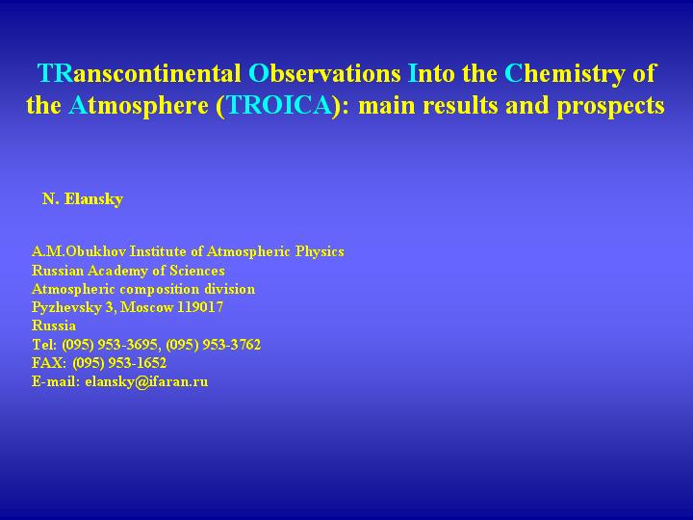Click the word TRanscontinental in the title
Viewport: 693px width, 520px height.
pyautogui.click(x=140, y=73)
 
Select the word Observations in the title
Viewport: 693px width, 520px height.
pyautogui.click(x=324, y=73)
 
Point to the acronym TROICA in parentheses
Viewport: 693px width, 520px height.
pyautogui.click(x=279, y=105)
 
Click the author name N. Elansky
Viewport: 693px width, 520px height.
pyautogui.click(x=83, y=199)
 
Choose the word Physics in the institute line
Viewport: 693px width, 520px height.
pyautogui.click(x=320, y=252)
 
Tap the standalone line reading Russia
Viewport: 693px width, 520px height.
pyautogui.click(x=54, y=325)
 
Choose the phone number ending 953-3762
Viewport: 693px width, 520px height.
pyautogui.click(x=213, y=345)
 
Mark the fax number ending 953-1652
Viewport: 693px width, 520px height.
pyautogui.click(x=119, y=363)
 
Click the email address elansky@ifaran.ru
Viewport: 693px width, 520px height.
pyautogui.click(x=146, y=381)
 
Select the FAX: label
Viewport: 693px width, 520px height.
pyautogui.click(x=49, y=363)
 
